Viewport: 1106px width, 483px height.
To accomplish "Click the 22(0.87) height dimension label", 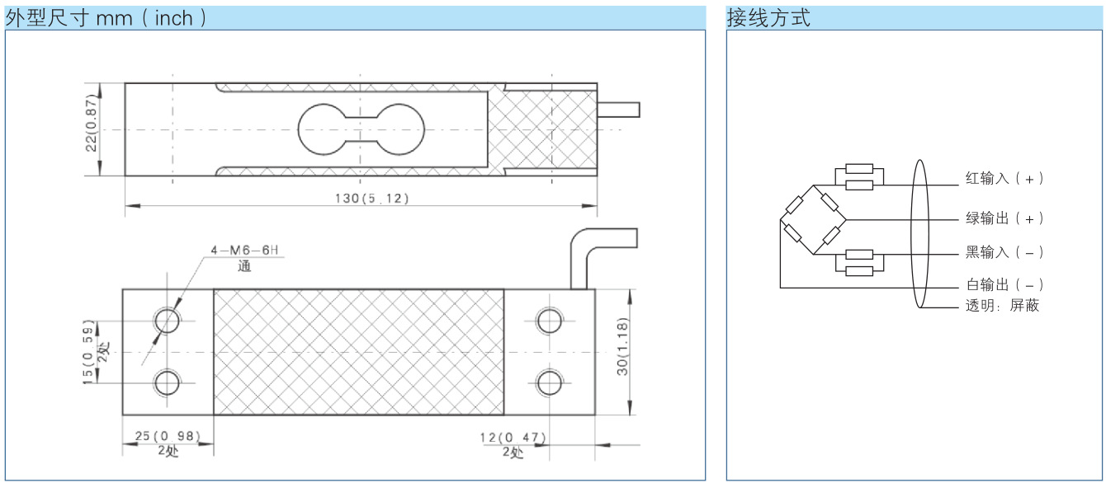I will click(x=92, y=129).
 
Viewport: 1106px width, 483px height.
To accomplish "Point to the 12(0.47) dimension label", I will click(x=513, y=437).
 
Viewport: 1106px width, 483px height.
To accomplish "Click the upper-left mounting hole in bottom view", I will click(x=168, y=320).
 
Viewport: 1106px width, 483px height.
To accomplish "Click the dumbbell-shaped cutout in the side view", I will click(x=362, y=129).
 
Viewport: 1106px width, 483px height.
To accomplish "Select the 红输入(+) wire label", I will click(x=1004, y=178).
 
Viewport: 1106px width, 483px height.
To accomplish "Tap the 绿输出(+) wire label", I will click(x=1004, y=218).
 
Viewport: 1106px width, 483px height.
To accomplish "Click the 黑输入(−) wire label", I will click(x=1004, y=252).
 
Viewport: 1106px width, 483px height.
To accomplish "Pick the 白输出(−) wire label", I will click(x=1004, y=284).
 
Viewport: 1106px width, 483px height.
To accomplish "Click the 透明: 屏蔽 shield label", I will click(x=1002, y=306).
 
